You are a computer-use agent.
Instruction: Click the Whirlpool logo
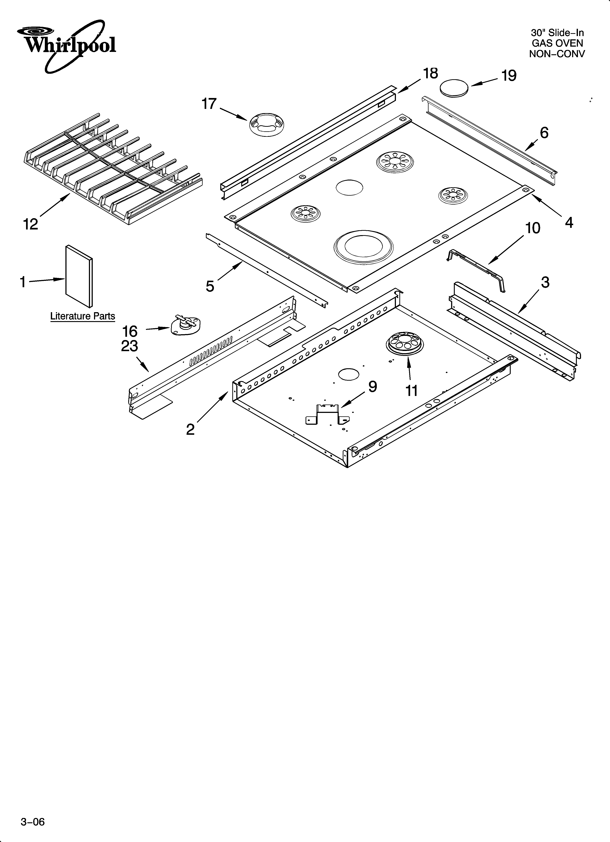click(x=66, y=45)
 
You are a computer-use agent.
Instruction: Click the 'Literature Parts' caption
click(x=83, y=316)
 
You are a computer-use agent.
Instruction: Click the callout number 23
click(x=129, y=346)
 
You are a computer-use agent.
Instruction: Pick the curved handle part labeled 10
click(x=477, y=270)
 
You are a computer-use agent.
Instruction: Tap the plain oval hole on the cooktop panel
click(x=349, y=187)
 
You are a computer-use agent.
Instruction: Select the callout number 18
click(x=430, y=74)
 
